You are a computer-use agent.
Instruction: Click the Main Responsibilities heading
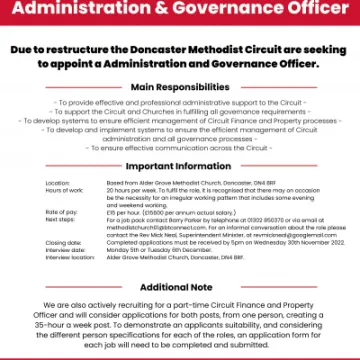tap(180, 88)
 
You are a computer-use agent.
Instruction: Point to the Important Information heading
tap(180, 167)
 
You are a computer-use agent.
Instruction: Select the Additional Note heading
tap(180, 287)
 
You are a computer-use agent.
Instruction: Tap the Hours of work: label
tap(62, 191)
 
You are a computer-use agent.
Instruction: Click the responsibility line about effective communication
tap(180, 147)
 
